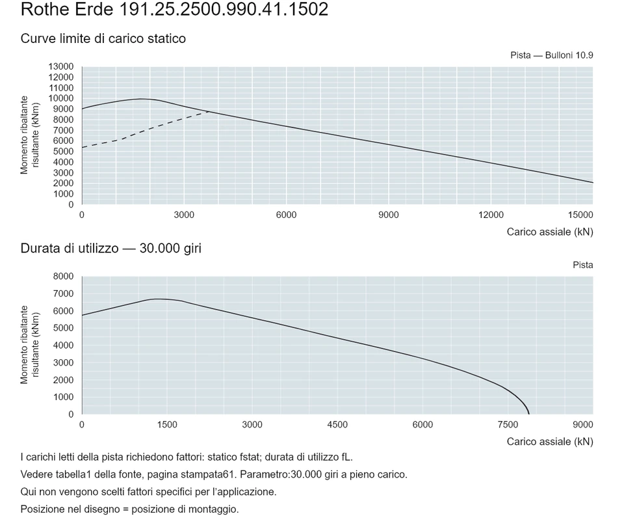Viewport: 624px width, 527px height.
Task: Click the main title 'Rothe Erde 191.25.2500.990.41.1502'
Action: coord(174,9)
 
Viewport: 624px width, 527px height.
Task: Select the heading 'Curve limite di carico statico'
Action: coord(103,38)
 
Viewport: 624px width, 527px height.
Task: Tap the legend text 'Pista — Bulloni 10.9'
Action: coord(552,55)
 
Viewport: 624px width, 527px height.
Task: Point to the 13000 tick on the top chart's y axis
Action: coord(61,66)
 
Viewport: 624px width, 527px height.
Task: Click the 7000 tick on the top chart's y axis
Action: coord(63,130)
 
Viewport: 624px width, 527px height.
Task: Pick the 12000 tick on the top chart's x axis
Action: coord(491,215)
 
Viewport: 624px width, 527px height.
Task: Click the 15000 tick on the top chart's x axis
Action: coord(580,215)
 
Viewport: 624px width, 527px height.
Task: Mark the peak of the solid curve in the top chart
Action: coord(141,99)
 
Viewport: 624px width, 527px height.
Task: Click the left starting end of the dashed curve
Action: coord(82,148)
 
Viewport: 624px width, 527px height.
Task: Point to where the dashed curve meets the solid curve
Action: coord(211,112)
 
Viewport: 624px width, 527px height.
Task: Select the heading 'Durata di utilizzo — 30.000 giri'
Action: coord(111,249)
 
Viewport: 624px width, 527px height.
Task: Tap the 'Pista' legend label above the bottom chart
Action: coord(582,265)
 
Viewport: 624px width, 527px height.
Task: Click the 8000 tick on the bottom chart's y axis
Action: coord(63,277)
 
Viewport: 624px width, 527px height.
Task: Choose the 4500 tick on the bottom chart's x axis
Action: coord(337,425)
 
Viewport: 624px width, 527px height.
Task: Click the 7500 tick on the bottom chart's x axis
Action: coord(508,425)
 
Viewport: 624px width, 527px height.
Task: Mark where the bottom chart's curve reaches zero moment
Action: coord(529,414)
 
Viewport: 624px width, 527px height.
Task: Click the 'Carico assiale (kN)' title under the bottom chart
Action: coord(550,442)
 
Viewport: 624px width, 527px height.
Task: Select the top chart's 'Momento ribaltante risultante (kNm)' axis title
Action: coord(30,135)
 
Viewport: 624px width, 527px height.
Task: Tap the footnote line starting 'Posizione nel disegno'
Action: coord(130,509)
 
